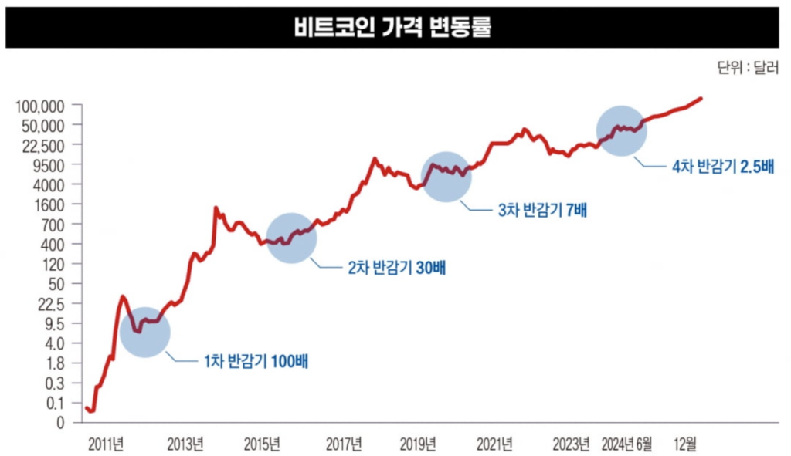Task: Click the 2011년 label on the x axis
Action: tap(106, 444)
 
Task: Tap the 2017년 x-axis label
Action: tap(344, 444)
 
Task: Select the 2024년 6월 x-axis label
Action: tap(626, 444)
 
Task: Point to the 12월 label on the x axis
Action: tap(684, 444)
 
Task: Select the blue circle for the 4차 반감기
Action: tap(622, 130)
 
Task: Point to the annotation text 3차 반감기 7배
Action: tap(542, 209)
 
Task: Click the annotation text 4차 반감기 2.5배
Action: tap(723, 165)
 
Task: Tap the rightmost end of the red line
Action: tap(701, 98)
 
